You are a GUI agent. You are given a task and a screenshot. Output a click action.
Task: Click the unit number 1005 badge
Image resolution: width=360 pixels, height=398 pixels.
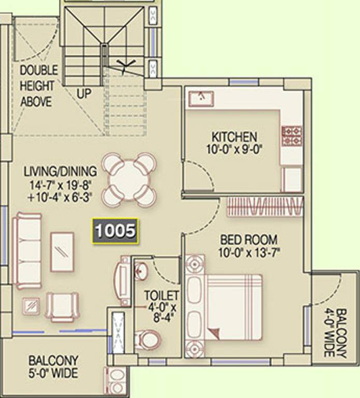click(115, 231)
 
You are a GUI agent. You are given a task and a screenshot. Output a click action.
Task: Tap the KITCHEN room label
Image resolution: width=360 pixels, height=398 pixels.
click(234, 137)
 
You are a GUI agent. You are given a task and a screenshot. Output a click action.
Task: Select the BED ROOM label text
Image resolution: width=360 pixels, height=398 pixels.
click(249, 240)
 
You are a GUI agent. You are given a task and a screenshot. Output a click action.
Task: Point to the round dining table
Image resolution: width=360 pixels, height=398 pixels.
click(129, 180)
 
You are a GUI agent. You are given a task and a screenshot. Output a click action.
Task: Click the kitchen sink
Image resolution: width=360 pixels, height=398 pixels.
click(201, 98)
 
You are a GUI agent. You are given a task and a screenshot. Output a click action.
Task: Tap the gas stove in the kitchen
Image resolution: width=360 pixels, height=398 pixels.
click(292, 136)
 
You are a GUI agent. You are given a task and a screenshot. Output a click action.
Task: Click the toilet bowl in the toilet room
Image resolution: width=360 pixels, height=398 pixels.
click(148, 340)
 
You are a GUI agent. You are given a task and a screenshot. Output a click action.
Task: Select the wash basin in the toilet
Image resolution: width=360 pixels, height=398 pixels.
click(140, 271)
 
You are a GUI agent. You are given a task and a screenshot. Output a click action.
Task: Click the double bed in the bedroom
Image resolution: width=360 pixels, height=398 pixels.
click(224, 307)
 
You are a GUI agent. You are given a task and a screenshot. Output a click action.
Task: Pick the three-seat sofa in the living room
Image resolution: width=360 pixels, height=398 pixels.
click(29, 251)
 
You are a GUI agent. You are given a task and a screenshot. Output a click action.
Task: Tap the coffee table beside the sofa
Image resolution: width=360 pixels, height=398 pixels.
click(62, 252)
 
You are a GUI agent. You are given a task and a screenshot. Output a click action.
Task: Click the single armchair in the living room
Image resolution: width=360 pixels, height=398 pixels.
click(62, 307)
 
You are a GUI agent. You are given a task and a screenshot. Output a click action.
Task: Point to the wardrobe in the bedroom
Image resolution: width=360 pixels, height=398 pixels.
click(265, 206)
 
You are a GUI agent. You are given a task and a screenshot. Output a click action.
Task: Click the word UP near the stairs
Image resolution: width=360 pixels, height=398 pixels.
click(84, 94)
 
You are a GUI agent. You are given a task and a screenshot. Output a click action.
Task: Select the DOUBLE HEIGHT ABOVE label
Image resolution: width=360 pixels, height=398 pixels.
click(38, 86)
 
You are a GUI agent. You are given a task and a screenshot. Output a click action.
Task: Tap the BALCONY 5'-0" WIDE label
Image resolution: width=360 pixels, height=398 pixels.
click(53, 367)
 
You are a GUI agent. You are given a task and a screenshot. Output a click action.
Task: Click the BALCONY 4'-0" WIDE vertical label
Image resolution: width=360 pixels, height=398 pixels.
click(335, 333)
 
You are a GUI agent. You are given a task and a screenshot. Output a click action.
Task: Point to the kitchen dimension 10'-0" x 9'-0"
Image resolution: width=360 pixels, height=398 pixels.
click(234, 149)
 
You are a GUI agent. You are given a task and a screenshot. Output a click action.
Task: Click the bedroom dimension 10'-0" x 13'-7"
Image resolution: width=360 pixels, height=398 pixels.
click(249, 253)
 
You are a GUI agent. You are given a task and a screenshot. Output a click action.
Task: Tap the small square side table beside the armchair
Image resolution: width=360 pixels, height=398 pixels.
click(31, 306)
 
